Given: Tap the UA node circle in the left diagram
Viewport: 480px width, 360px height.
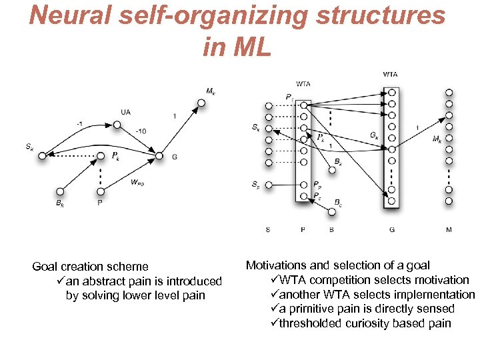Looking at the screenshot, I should pyautogui.click(x=117, y=124).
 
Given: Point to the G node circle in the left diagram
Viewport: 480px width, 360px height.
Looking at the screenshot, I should pyautogui.click(x=159, y=156).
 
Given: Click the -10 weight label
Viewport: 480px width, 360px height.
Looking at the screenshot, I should pyautogui.click(x=141, y=131).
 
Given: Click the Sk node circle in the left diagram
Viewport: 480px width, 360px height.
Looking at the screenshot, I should pyautogui.click(x=41, y=156).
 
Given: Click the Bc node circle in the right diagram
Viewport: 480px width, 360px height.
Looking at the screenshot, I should pyautogui.click(x=332, y=212).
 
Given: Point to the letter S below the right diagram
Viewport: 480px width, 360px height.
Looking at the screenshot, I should pyautogui.click(x=268, y=230).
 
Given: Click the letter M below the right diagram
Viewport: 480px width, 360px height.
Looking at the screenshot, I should pyautogui.click(x=449, y=230).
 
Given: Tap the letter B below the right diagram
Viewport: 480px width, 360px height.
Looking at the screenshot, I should pyautogui.click(x=331, y=230).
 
